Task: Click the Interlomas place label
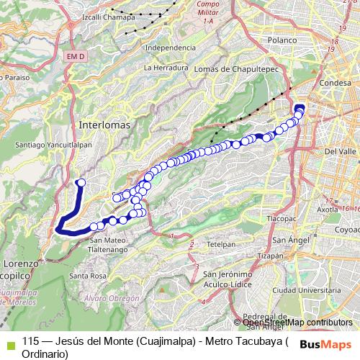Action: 105,124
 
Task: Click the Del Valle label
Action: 339,152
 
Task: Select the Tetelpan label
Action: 221,245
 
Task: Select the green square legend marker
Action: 9,342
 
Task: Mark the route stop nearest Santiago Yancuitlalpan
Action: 81,182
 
